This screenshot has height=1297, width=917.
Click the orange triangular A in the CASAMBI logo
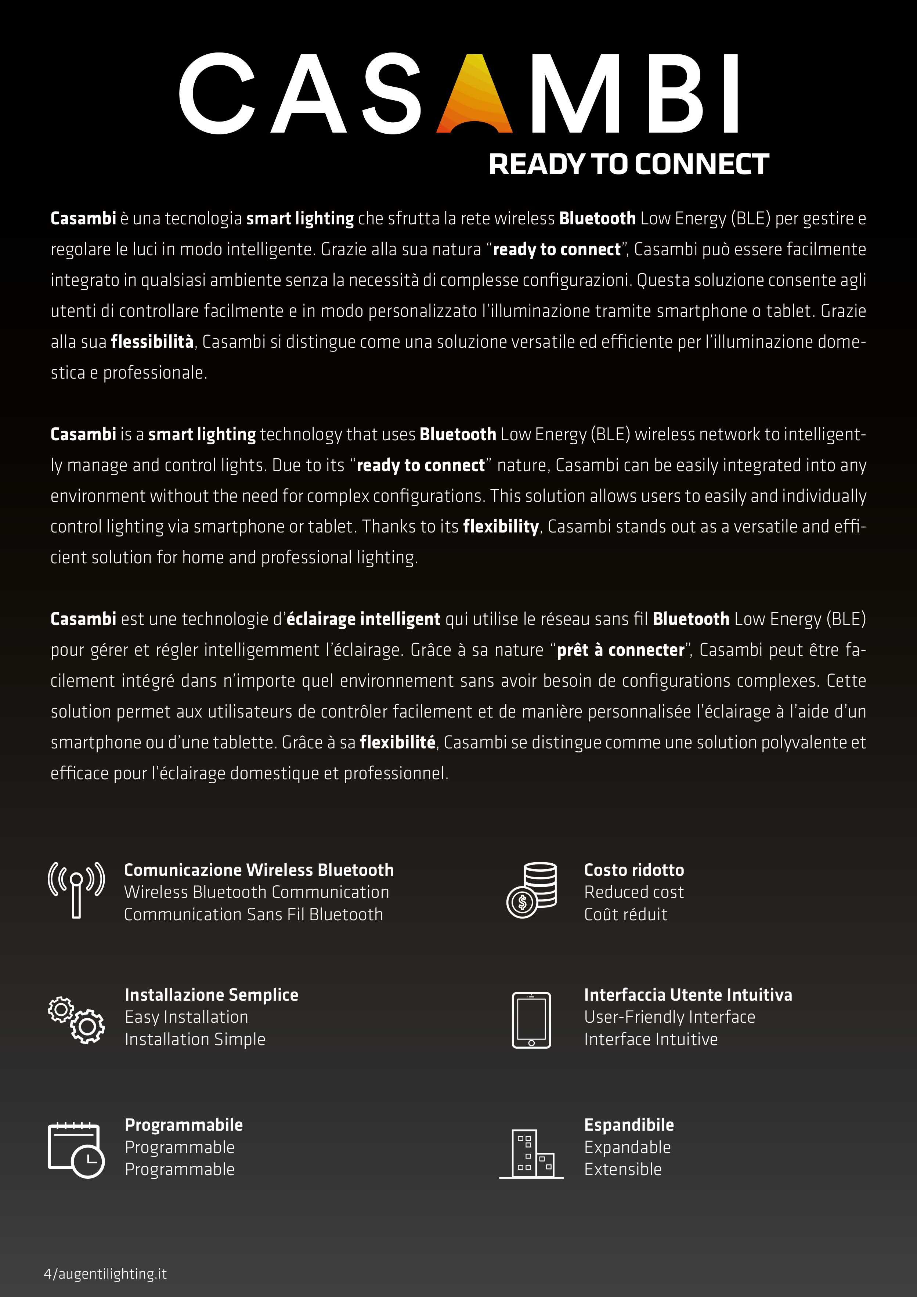tap(474, 96)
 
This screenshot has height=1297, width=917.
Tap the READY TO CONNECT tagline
tap(628, 165)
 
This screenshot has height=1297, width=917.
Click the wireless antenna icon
tap(76, 890)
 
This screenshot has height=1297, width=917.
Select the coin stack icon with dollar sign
tap(532, 890)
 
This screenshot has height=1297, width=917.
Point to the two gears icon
tap(76, 1020)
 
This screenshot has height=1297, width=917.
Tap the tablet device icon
tap(531, 1020)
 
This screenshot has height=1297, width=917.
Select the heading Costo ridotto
tap(634, 870)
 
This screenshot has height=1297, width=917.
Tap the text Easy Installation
tap(187, 1017)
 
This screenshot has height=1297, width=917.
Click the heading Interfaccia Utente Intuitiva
tap(687, 995)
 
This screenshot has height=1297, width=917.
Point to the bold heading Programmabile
tap(184, 1125)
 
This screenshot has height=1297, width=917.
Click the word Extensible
tap(622, 1169)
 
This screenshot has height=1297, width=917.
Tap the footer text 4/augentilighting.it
tap(106, 1274)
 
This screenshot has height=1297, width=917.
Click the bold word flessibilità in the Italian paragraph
tap(152, 342)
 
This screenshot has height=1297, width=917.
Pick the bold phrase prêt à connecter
tap(620, 650)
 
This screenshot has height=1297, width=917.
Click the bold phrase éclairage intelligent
tap(363, 619)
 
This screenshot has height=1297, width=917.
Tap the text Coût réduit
tap(625, 915)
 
